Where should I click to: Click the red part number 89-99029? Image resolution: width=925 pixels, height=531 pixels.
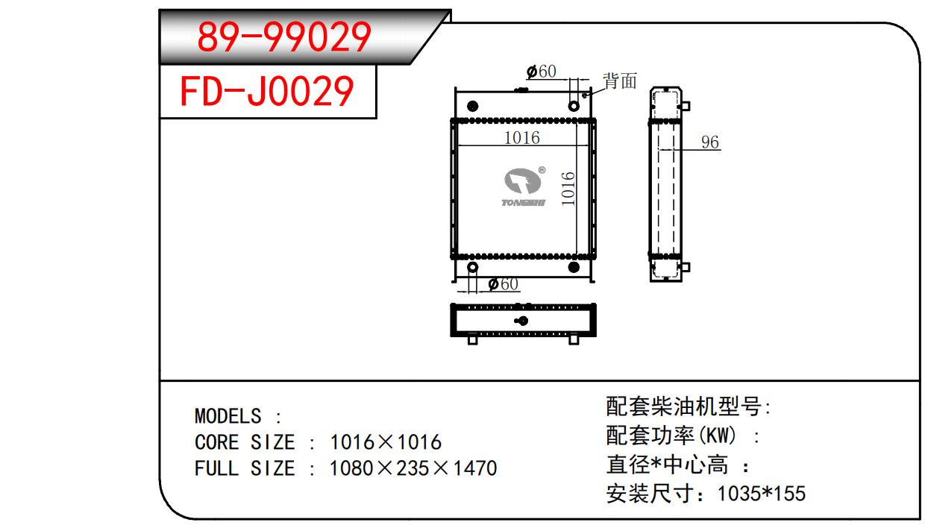283,37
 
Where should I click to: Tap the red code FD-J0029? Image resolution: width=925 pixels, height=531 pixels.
267,91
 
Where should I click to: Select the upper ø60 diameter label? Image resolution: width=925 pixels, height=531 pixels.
542,72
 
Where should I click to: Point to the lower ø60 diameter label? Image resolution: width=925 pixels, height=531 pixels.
503,284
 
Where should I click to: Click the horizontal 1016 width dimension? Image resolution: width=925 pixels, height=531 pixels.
521,137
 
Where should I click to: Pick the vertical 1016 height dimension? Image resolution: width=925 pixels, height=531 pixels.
568,189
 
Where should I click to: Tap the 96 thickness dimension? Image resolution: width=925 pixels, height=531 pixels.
710,142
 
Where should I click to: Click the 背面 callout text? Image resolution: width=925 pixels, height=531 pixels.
620,81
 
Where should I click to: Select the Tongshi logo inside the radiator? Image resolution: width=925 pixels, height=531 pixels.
524,187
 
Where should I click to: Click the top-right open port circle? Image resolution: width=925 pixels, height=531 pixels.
574,106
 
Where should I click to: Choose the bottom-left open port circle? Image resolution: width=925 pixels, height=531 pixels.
472,268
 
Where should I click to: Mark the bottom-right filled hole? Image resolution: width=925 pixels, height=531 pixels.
574,268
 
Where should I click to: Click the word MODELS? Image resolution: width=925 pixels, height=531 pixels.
228,416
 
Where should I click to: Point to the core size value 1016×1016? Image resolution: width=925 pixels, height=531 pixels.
386,442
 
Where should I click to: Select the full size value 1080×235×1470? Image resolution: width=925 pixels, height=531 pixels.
413,468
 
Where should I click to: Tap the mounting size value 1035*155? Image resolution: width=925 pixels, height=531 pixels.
761,494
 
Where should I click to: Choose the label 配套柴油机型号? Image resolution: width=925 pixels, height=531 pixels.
685,407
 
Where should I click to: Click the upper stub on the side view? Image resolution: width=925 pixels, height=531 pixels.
686,105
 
